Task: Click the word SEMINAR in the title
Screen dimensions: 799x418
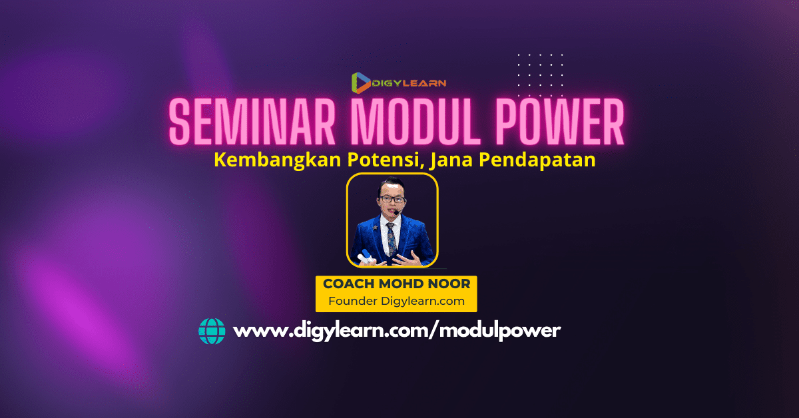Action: coord(252,122)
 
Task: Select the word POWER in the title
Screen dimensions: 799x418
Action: coord(560,122)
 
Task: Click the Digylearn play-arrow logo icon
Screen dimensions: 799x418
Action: coord(361,83)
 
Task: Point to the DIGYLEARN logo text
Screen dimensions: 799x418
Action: coord(409,83)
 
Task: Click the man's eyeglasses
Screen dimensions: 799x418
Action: coord(392,198)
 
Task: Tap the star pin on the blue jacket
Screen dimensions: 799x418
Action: coord(375,227)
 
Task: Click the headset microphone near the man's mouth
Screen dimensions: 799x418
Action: coord(397,212)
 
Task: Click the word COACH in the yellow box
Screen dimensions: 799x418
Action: coord(348,284)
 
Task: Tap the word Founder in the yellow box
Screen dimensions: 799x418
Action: coord(352,301)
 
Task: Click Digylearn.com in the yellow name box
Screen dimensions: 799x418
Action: coord(423,302)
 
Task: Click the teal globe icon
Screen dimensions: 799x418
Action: coord(212,331)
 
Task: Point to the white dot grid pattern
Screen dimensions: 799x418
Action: coord(540,75)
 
